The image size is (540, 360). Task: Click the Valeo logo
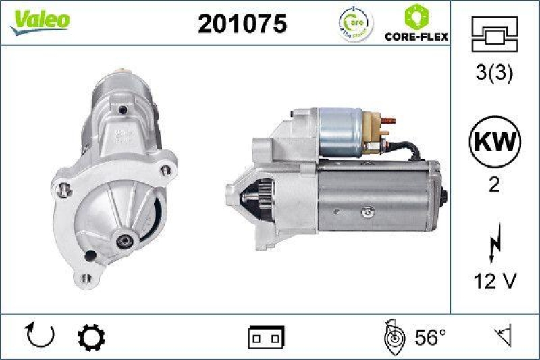[x=38, y=20]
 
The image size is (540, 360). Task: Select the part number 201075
[x=242, y=24]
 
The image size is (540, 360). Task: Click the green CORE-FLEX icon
[x=416, y=16]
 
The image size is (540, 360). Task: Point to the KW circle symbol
[x=494, y=143]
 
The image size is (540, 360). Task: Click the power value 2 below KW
[x=494, y=184]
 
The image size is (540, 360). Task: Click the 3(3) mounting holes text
[x=494, y=74]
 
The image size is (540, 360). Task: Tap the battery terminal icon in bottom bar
[x=267, y=336]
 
